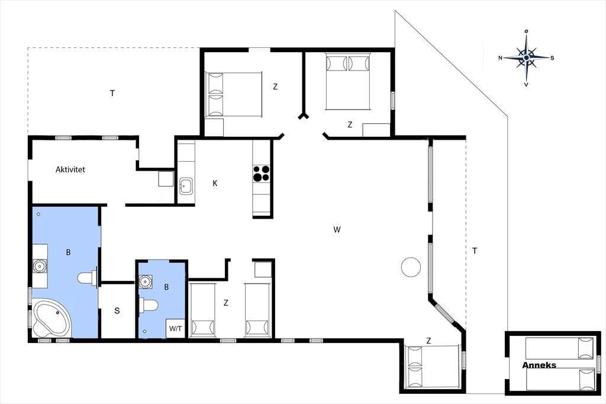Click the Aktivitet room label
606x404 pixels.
[70, 169]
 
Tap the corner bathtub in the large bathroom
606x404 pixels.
[51, 319]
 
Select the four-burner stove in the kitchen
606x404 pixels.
[261, 174]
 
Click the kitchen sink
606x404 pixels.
[186, 186]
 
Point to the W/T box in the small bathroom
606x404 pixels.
[175, 329]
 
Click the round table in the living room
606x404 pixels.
[411, 267]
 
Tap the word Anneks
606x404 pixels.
[539, 365]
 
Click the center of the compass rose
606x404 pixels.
[526, 57]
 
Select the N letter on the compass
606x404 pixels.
[500, 58]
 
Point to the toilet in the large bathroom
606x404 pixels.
[88, 277]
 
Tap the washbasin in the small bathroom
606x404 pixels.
[146, 281]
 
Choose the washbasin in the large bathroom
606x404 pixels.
[40, 266]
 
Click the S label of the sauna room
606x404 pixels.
[117, 310]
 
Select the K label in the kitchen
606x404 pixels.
[215, 183]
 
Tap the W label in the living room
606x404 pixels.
[337, 229]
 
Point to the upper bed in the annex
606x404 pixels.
[559, 348]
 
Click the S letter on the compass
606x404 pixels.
[552, 58]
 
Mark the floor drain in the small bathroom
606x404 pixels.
[144, 331]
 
